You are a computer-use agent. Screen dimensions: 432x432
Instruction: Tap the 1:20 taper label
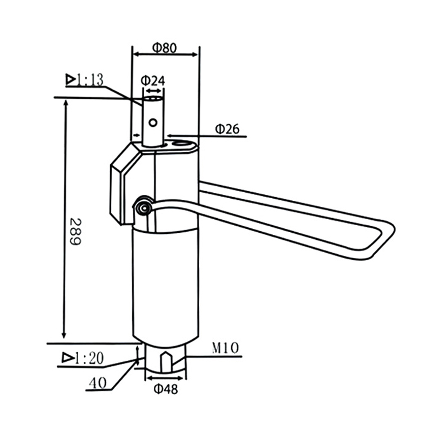point(90,357)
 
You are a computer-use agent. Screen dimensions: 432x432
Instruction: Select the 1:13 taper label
point(91,80)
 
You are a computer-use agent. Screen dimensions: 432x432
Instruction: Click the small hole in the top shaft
point(153,123)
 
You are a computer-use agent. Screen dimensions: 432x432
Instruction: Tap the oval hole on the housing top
point(181,144)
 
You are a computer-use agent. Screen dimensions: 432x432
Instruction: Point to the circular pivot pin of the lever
point(143,207)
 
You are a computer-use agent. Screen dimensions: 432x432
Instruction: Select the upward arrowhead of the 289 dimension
point(66,104)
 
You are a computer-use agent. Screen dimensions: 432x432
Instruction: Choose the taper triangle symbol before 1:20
point(67,357)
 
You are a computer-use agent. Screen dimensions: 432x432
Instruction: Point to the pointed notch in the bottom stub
point(167,357)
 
